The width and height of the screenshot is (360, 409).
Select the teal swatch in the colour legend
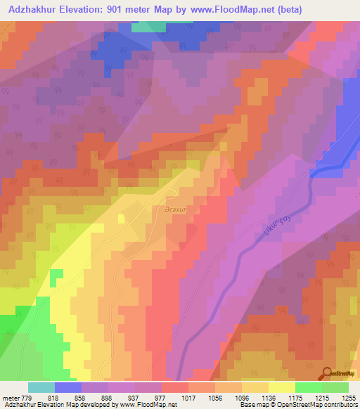(x=41, y=387)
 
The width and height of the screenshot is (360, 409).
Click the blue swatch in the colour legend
(x=67, y=387)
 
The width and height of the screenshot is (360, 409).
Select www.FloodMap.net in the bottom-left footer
(x=148, y=405)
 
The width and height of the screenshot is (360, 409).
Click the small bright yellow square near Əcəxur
(x=121, y=219)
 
